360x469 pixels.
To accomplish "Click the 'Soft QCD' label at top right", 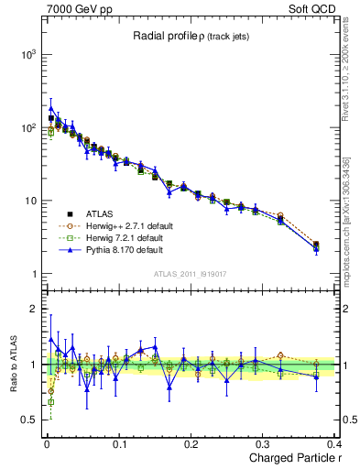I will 311,8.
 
